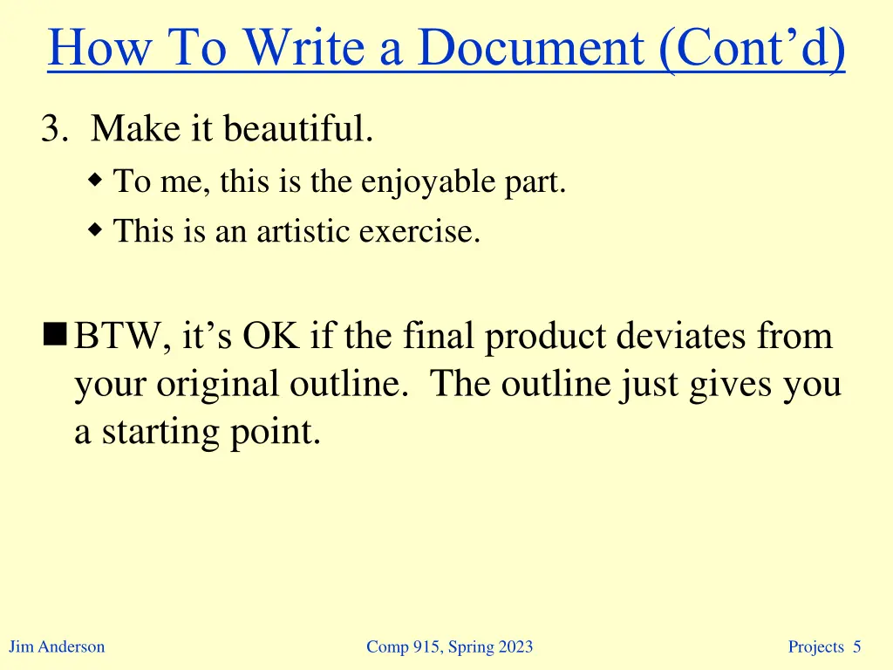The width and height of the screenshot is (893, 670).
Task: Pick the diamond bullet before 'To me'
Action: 96,181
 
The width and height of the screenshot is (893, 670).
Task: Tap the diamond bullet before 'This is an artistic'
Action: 96,230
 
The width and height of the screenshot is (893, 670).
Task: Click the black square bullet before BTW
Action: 57,333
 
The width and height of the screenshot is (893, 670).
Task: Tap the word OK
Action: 271,337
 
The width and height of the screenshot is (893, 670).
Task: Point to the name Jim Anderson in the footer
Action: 57,646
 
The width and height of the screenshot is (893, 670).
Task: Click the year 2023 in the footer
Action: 514,646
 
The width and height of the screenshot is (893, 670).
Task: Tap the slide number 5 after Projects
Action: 856,646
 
